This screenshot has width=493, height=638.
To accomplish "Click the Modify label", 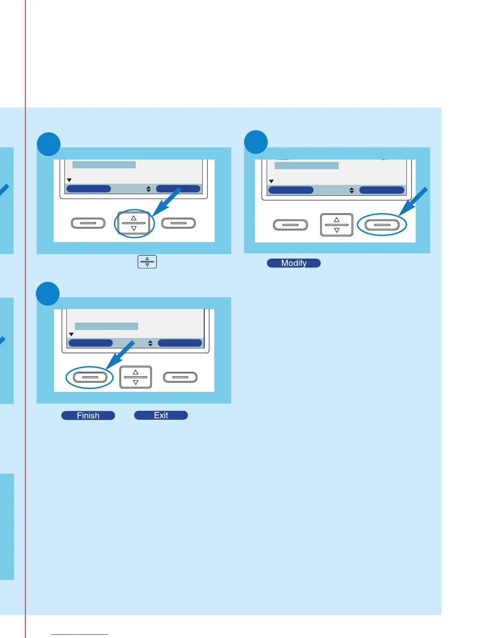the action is [x=294, y=263].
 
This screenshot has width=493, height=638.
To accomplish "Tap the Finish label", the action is [x=88, y=415].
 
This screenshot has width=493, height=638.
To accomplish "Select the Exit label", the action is [x=161, y=415].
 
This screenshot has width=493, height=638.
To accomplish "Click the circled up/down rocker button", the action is [x=134, y=223].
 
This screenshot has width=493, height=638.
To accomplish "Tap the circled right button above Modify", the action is [x=382, y=225].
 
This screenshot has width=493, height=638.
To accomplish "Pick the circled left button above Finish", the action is [x=90, y=377].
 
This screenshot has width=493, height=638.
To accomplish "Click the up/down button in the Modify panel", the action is [x=337, y=225].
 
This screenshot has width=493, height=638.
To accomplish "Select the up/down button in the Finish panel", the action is [x=136, y=377].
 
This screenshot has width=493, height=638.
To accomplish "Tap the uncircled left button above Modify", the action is [x=290, y=225].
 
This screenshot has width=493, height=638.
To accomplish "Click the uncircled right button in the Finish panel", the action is [x=180, y=377].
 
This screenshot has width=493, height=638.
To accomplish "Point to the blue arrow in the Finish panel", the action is [x=120, y=355].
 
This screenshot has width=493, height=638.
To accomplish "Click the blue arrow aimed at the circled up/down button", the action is [x=166, y=203].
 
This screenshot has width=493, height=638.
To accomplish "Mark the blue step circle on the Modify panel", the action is [x=256, y=142].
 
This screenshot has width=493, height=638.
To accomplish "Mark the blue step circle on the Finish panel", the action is [x=48, y=294].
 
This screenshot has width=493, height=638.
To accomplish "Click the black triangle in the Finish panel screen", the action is [x=71, y=334].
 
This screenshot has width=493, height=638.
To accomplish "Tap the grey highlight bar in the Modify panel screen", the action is [x=307, y=166].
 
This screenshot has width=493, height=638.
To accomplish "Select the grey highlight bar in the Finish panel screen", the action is [x=106, y=326].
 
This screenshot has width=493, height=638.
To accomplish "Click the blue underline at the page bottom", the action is [x=80, y=634].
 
